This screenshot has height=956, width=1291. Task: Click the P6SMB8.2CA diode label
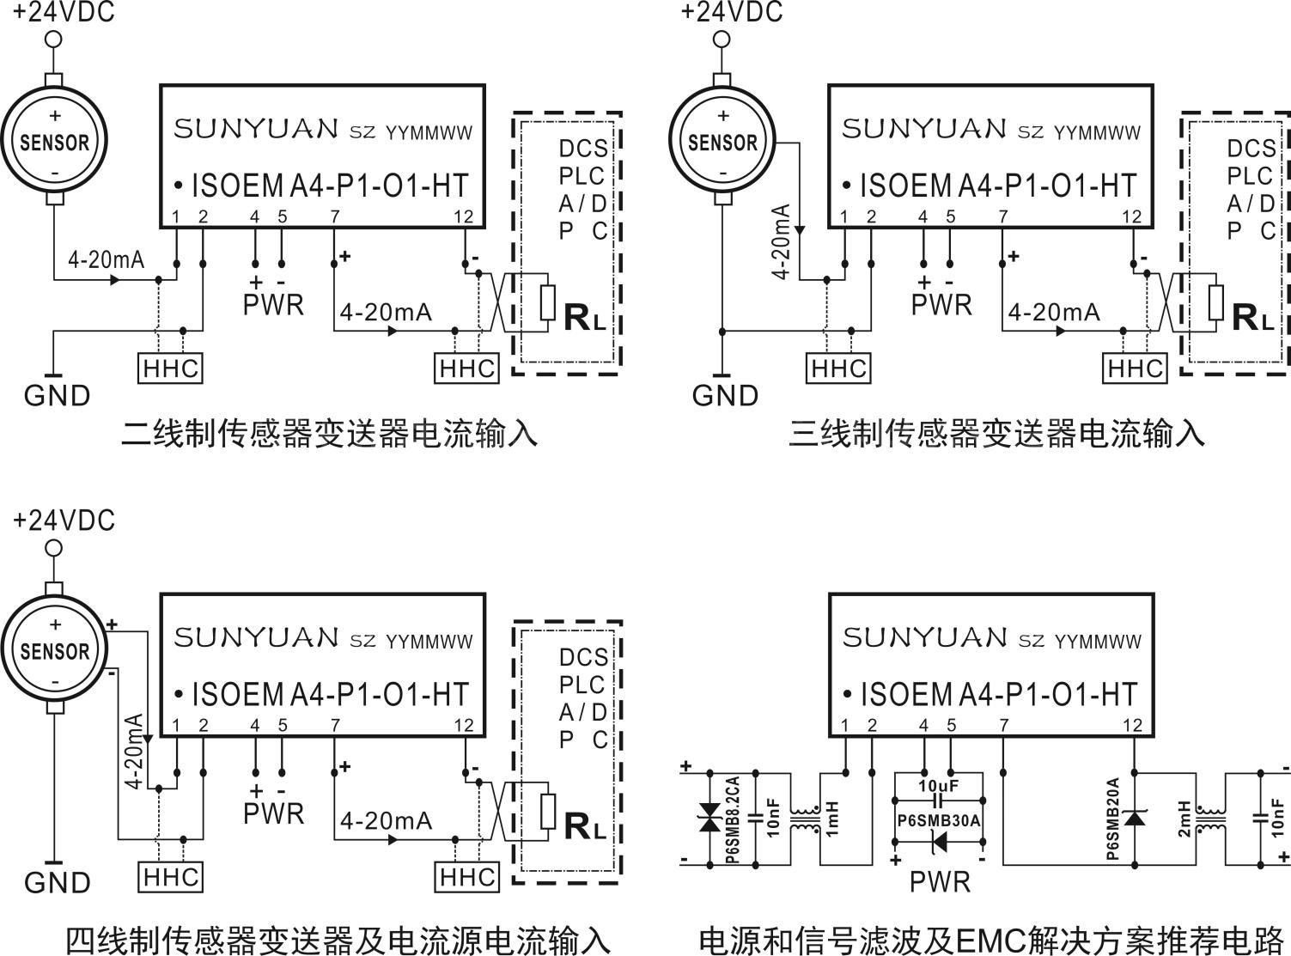click(731, 819)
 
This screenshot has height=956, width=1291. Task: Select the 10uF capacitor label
click(938, 785)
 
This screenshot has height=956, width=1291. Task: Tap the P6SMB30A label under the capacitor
click(938, 820)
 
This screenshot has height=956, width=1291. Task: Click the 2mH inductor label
click(1184, 819)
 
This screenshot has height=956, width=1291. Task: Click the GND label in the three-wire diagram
click(725, 396)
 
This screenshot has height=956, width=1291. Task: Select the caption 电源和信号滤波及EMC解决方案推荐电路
click(990, 939)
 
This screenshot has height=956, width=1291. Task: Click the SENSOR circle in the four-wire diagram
click(54, 650)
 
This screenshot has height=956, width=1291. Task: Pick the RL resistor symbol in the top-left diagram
click(547, 302)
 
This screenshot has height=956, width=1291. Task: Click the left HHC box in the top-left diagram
click(171, 368)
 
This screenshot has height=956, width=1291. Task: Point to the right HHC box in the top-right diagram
click(1136, 368)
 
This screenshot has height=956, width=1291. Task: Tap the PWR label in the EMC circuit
click(940, 881)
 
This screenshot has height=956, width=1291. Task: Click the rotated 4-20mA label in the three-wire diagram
click(781, 242)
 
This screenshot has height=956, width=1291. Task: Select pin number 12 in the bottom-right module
click(1132, 726)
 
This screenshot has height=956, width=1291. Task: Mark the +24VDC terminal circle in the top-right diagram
click(722, 40)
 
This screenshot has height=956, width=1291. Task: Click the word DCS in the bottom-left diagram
click(583, 658)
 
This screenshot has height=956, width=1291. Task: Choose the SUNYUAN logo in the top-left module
click(256, 129)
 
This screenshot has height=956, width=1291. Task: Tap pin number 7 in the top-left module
click(334, 216)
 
